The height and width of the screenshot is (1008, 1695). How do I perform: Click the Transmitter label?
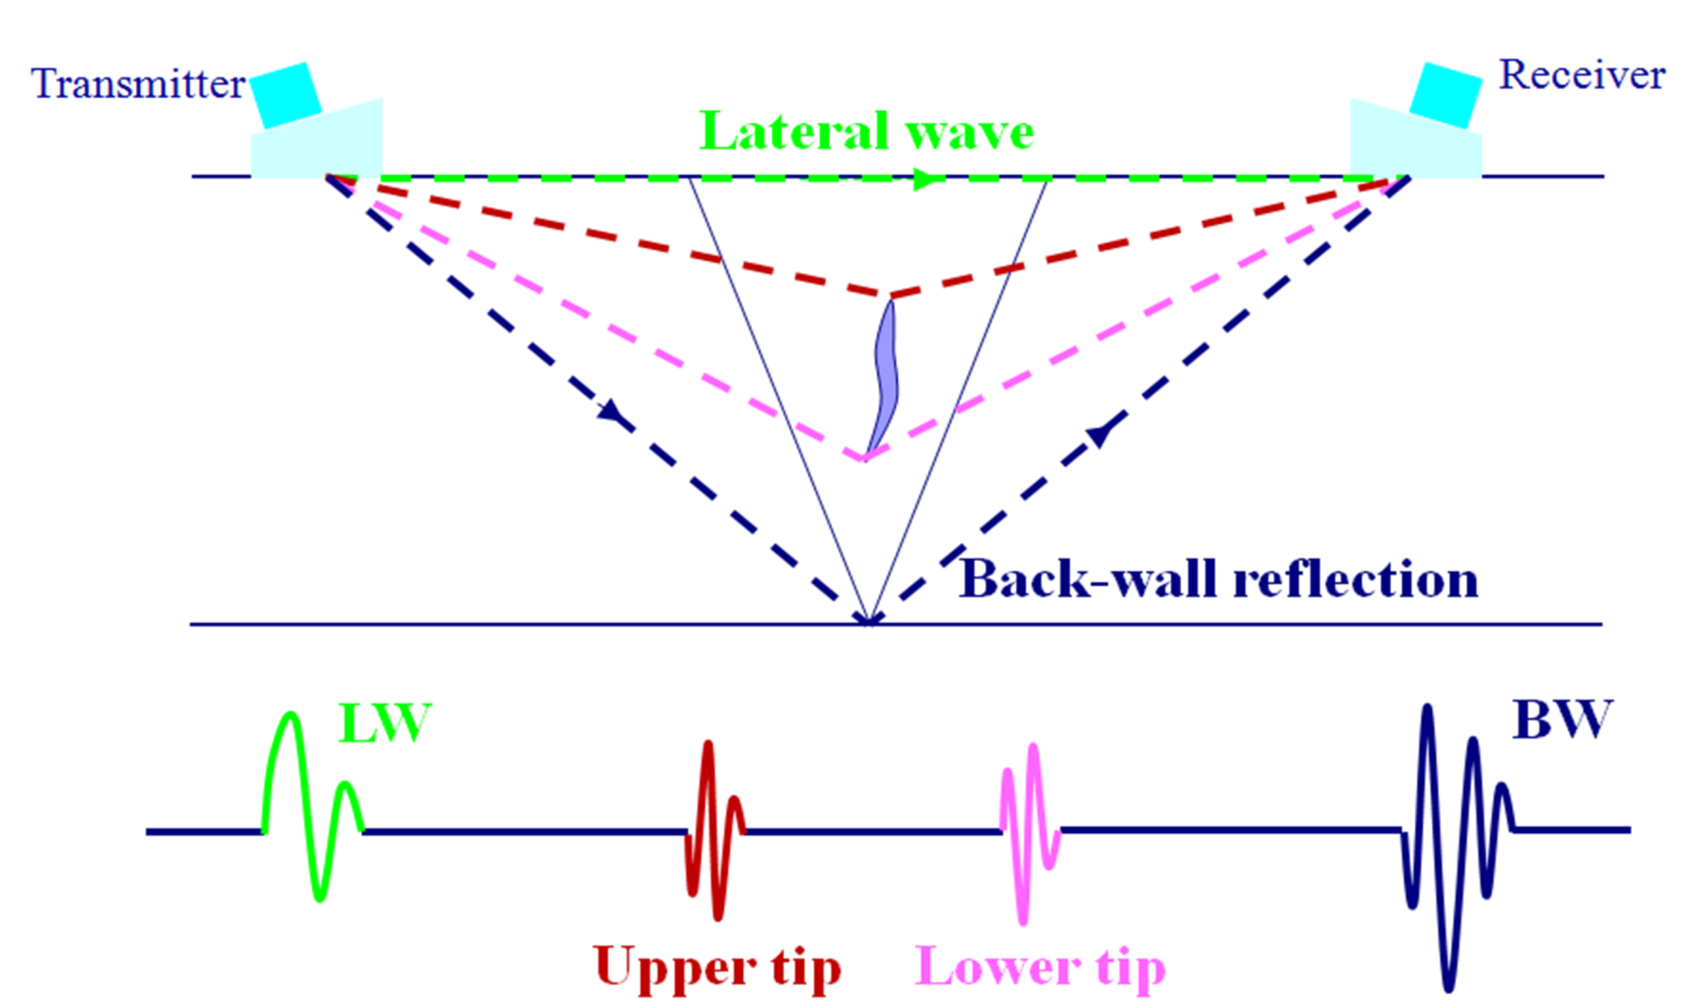(x=138, y=85)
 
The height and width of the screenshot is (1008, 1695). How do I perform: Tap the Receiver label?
(x=1581, y=76)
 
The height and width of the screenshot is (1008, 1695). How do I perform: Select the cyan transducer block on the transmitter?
(x=286, y=95)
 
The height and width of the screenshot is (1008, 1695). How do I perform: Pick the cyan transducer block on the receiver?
(x=1446, y=95)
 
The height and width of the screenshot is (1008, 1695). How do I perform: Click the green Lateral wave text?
(x=866, y=131)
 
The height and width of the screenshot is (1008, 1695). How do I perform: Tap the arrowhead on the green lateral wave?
(x=927, y=179)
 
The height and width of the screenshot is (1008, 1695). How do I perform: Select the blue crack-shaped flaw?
(x=885, y=377)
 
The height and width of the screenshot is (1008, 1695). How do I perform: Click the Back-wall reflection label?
(x=1217, y=580)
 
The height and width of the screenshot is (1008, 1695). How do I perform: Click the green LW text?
(x=384, y=724)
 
